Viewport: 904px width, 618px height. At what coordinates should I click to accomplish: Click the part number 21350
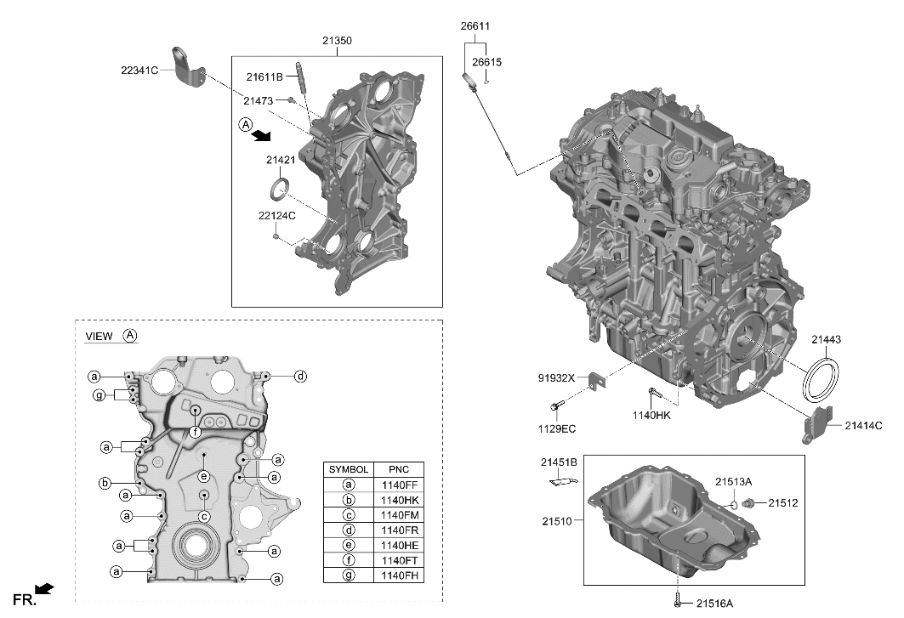(337, 40)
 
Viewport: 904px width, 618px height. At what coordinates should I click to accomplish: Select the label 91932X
(557, 377)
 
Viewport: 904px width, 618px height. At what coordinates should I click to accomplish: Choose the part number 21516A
(714, 604)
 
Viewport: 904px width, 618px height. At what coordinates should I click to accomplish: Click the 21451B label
(559, 462)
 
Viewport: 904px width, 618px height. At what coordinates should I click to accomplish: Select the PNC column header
(398, 469)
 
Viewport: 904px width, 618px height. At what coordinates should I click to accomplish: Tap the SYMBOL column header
(349, 469)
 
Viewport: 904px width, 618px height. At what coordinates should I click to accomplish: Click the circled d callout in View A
(300, 376)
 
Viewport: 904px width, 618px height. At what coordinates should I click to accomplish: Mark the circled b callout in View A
(105, 484)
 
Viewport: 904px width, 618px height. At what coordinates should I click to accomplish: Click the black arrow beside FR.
(46, 588)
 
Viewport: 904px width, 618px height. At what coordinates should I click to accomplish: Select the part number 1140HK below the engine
(651, 416)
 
